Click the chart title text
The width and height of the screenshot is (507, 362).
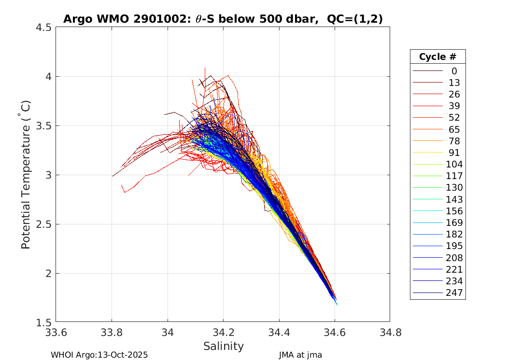223,19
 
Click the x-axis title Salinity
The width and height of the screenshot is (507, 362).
223,346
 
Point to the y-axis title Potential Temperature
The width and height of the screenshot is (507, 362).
26,175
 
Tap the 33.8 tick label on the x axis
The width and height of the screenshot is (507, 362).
112,333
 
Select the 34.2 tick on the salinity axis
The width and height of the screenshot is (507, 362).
223,333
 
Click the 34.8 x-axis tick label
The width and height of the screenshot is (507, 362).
390,333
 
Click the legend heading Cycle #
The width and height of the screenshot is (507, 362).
437,56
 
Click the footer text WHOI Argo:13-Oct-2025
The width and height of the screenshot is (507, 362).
99,355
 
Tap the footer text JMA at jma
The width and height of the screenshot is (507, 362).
300,355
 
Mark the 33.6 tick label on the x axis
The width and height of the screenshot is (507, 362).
56,333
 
